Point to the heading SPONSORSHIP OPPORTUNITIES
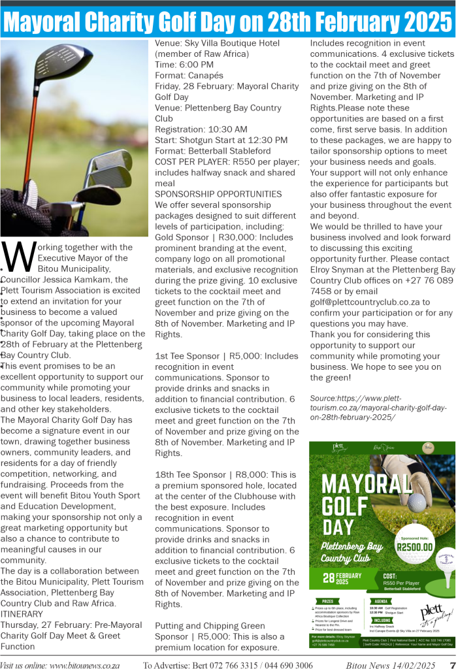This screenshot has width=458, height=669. [218, 194]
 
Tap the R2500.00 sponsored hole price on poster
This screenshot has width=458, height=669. [416, 547]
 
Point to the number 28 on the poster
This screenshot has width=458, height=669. [329, 579]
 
